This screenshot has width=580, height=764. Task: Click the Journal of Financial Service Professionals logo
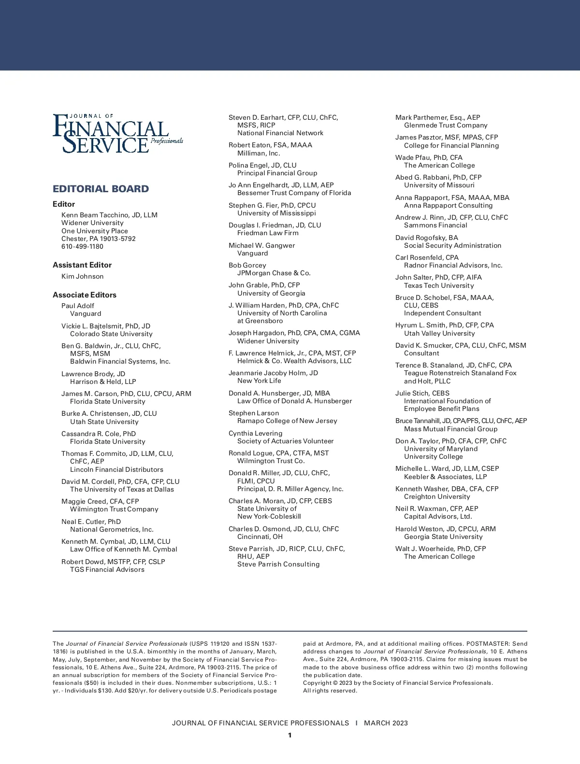coord(117,133)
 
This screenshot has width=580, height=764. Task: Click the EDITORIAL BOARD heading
coord(101,189)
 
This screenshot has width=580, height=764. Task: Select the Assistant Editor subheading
coord(82,265)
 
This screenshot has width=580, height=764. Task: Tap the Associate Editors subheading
coord(85,295)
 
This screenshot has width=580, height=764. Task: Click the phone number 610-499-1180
coord(82,247)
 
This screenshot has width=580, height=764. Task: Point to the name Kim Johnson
coord(82,277)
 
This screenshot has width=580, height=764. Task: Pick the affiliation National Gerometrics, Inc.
coord(112,529)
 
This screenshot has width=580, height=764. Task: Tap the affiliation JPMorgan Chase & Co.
coord(274,273)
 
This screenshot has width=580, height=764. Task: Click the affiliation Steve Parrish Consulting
coord(278,565)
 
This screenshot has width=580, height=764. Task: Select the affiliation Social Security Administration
coord(452,246)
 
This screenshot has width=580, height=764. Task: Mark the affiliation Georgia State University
coord(443,537)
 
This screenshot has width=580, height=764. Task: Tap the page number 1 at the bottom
coord(290,736)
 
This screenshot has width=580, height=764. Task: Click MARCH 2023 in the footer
coord(386,723)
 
